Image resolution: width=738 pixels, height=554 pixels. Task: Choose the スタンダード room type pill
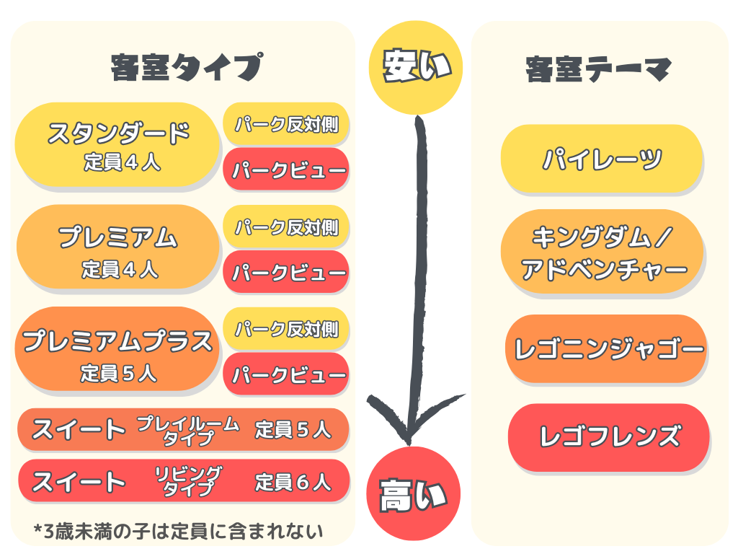118,144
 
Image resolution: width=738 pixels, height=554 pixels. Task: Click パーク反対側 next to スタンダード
286,123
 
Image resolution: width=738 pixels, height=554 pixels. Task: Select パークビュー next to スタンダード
286,170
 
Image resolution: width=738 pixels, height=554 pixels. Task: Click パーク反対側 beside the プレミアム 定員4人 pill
286,227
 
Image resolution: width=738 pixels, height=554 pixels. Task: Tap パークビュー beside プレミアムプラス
286,375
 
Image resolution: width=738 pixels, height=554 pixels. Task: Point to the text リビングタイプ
188,481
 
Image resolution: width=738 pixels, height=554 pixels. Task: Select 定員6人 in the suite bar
293,481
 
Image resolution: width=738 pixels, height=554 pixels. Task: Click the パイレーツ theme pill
602,159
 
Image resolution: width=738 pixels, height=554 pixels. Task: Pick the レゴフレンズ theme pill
609,437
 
